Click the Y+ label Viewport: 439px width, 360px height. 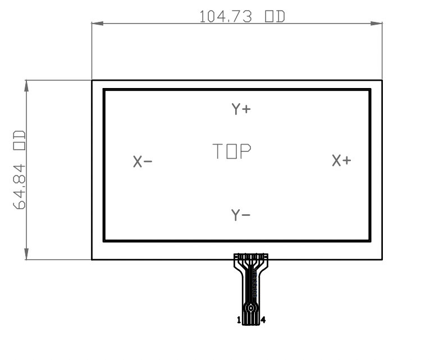(241, 109)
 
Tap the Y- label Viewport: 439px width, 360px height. (241, 215)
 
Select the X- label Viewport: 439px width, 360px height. (143, 161)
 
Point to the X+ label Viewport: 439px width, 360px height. (341, 160)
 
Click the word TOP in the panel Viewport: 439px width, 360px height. (231, 151)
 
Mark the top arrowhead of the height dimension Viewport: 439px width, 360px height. (26, 86)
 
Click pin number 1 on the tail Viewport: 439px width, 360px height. (239, 320)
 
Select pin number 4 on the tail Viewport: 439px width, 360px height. (263, 320)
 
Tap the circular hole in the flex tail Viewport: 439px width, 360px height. (251, 307)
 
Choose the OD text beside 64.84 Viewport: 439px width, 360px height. (20, 140)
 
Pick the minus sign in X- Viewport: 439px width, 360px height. (148, 162)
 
